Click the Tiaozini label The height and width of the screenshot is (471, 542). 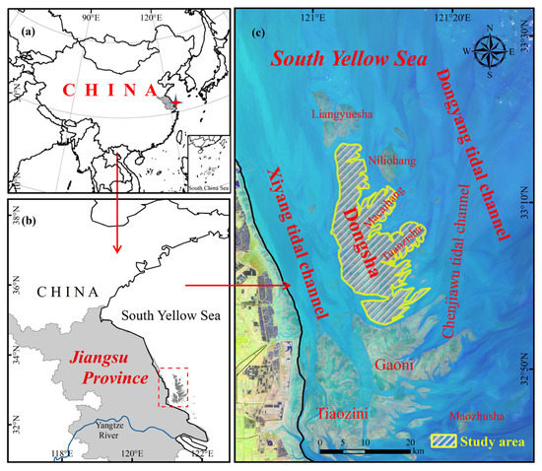point(340,415)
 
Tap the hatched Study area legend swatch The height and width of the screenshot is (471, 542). point(447,440)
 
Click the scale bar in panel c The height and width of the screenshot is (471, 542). point(365,442)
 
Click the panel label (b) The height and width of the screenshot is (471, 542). point(19,217)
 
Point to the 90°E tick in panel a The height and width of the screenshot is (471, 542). point(91,17)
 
